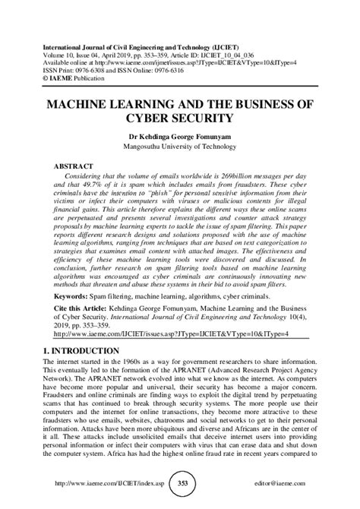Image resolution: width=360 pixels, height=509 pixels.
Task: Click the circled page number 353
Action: pos(181,482)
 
